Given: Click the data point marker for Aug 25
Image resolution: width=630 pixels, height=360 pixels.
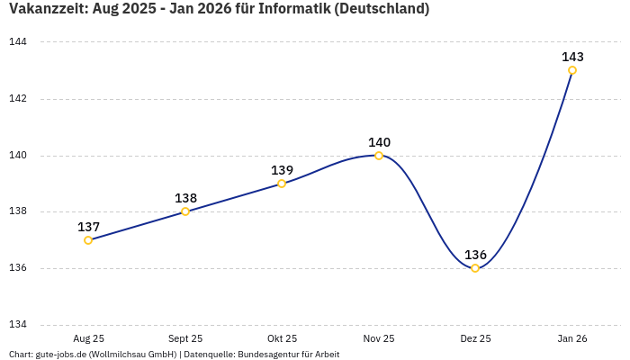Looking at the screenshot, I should click(x=88, y=240).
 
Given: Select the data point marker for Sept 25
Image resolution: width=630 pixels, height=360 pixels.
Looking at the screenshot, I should click(x=185, y=211).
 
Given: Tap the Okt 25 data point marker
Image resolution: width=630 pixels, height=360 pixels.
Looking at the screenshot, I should click(x=282, y=184).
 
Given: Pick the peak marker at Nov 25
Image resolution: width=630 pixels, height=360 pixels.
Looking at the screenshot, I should click(x=379, y=156).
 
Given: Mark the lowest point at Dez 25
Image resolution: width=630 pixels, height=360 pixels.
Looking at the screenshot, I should click(x=475, y=268).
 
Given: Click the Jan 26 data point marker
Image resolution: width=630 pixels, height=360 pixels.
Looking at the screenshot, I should click(x=572, y=70).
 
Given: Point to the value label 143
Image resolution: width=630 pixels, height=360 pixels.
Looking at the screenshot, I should click(x=572, y=57).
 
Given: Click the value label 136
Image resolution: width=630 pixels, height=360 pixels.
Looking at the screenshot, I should click(x=475, y=255).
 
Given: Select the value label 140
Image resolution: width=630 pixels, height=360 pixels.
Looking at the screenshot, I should click(x=379, y=142).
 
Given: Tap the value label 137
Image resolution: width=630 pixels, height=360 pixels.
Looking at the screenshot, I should click(x=88, y=227).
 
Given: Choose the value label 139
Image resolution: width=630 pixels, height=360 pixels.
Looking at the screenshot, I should click(x=282, y=170).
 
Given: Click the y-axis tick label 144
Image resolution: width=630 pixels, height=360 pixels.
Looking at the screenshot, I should click(x=18, y=42).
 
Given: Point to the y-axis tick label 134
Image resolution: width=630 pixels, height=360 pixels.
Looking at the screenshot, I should click(x=18, y=325).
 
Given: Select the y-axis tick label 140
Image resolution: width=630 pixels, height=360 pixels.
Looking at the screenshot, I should click(x=18, y=156).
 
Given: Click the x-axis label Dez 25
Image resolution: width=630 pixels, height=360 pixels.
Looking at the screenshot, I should click(x=475, y=339).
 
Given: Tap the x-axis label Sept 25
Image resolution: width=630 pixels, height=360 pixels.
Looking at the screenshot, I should click(x=185, y=339).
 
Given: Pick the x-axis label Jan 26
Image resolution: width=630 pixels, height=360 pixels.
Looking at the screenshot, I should click(x=572, y=339).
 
